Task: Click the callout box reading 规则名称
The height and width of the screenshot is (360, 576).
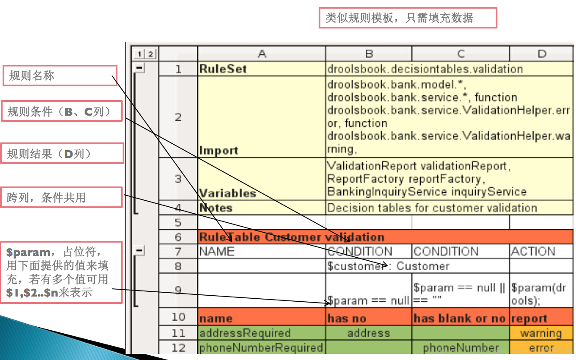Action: click(x=60, y=76)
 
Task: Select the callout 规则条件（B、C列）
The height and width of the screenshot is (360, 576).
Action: click(x=61, y=112)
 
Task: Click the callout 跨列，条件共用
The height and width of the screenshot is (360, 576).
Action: click(x=61, y=197)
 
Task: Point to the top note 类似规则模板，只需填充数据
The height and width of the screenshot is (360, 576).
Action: click(x=408, y=18)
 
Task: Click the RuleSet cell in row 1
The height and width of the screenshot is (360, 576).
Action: click(x=261, y=69)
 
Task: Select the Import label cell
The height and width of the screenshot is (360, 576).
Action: click(x=261, y=150)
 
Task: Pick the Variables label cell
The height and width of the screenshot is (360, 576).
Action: click(x=261, y=193)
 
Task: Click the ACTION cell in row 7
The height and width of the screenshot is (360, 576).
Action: click(x=541, y=251)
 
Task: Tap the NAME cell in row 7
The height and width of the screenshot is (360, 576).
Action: click(x=261, y=251)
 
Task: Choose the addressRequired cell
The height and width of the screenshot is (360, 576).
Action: click(x=261, y=333)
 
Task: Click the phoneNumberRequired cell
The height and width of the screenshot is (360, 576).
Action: click(x=261, y=347)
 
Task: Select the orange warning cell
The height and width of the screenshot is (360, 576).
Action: click(x=541, y=333)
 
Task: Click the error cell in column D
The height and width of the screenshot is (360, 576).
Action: click(x=541, y=347)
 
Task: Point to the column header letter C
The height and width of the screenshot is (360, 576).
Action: click(x=461, y=54)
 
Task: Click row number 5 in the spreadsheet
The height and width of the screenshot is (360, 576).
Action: click(x=178, y=223)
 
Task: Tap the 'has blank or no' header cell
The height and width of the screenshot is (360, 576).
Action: click(x=460, y=319)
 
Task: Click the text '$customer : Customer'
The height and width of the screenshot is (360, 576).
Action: click(x=388, y=266)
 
